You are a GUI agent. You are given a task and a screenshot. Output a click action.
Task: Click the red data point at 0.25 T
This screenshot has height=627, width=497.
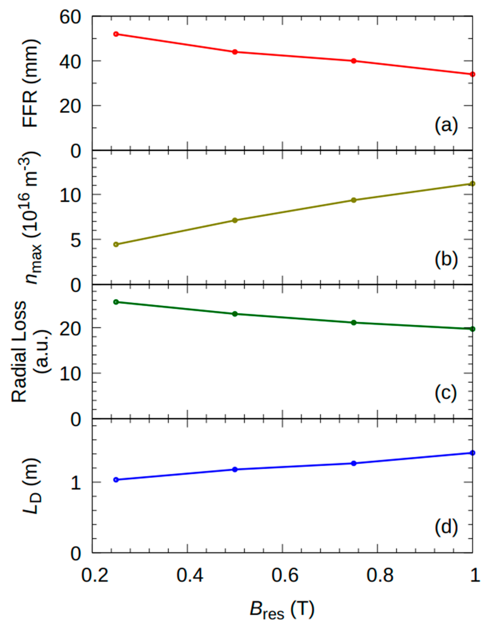coord(116,34)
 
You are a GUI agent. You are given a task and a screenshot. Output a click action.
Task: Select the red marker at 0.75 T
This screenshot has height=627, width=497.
coord(354,61)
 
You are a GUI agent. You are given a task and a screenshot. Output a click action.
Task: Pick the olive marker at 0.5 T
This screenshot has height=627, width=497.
coord(235,220)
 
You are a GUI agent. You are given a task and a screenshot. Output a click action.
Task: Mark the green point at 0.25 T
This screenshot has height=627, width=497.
coord(116,302)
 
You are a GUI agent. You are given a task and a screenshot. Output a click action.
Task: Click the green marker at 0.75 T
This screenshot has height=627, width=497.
coord(354,322)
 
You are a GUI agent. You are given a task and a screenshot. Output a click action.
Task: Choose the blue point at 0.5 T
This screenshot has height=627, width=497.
coord(235,469)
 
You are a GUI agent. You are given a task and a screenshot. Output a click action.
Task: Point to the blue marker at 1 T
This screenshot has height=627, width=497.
coord(472,453)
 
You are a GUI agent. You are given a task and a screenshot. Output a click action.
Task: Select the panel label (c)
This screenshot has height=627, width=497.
coord(446,394)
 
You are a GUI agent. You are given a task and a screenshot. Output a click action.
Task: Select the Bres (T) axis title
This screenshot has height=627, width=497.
coord(282,611)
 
